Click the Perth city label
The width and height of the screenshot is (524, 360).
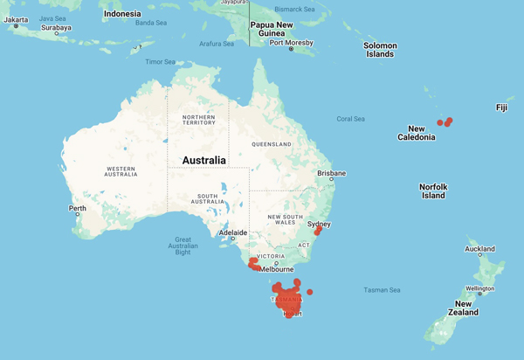(78, 208)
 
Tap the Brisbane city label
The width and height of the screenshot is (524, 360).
(331, 173)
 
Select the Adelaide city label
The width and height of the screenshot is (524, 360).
(232, 233)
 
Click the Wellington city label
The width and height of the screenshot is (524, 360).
(479, 288)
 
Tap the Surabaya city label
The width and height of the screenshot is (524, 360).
(56, 28)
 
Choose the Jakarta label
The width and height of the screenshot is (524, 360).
(16, 19)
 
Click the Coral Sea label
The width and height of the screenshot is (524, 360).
(351, 119)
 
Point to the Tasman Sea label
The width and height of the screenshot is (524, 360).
(382, 289)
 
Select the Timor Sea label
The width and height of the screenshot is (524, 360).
(160, 62)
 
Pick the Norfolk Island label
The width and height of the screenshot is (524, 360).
(433, 191)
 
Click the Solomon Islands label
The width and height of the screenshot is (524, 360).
(380, 50)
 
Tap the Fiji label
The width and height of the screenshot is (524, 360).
(501, 107)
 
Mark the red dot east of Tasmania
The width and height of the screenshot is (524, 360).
(310, 292)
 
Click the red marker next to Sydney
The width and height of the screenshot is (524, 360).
(318, 232)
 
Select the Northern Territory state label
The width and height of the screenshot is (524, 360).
(198, 121)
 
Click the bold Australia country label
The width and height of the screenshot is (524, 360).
(203, 161)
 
